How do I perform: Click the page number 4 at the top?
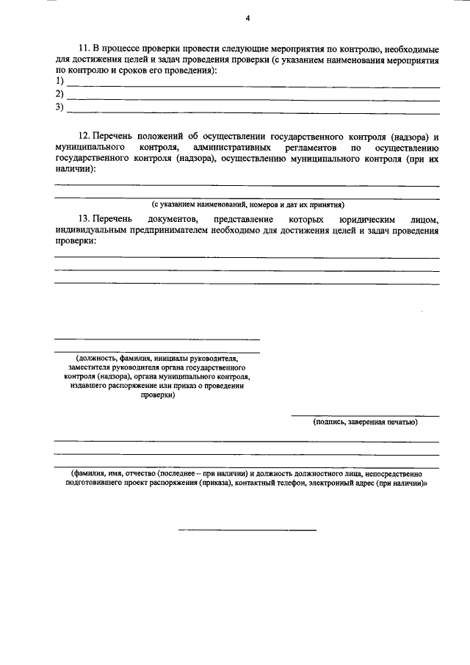(x=247, y=18)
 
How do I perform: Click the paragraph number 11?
(x=82, y=47)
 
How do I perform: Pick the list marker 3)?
(x=59, y=108)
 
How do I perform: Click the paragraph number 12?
(x=83, y=137)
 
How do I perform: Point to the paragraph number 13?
(x=83, y=220)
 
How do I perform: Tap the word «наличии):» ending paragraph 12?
(x=74, y=168)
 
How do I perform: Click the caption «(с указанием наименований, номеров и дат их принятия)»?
(x=247, y=204)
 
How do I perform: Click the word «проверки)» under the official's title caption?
(x=157, y=394)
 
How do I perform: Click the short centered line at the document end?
(x=247, y=529)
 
